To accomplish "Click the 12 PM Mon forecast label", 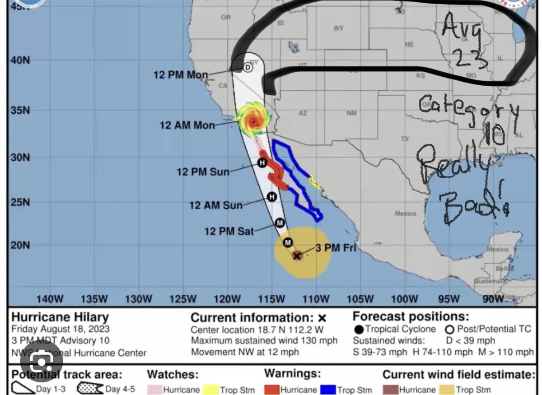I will point(181,75).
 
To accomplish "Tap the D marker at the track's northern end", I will point(248,68).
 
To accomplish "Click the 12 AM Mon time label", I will point(187,125).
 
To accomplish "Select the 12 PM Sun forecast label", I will point(203,172).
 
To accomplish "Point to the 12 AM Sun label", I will point(216,205).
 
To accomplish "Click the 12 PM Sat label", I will point(229,231).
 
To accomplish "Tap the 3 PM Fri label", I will point(336,247).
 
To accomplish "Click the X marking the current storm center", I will point(297,256).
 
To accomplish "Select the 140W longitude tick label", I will point(50,299).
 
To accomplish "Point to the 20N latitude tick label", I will point(20,245).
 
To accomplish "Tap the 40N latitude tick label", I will point(20,60).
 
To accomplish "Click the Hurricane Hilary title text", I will point(60,317).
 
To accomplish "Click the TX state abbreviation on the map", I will point(405,139).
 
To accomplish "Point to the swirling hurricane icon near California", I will point(252,120).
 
